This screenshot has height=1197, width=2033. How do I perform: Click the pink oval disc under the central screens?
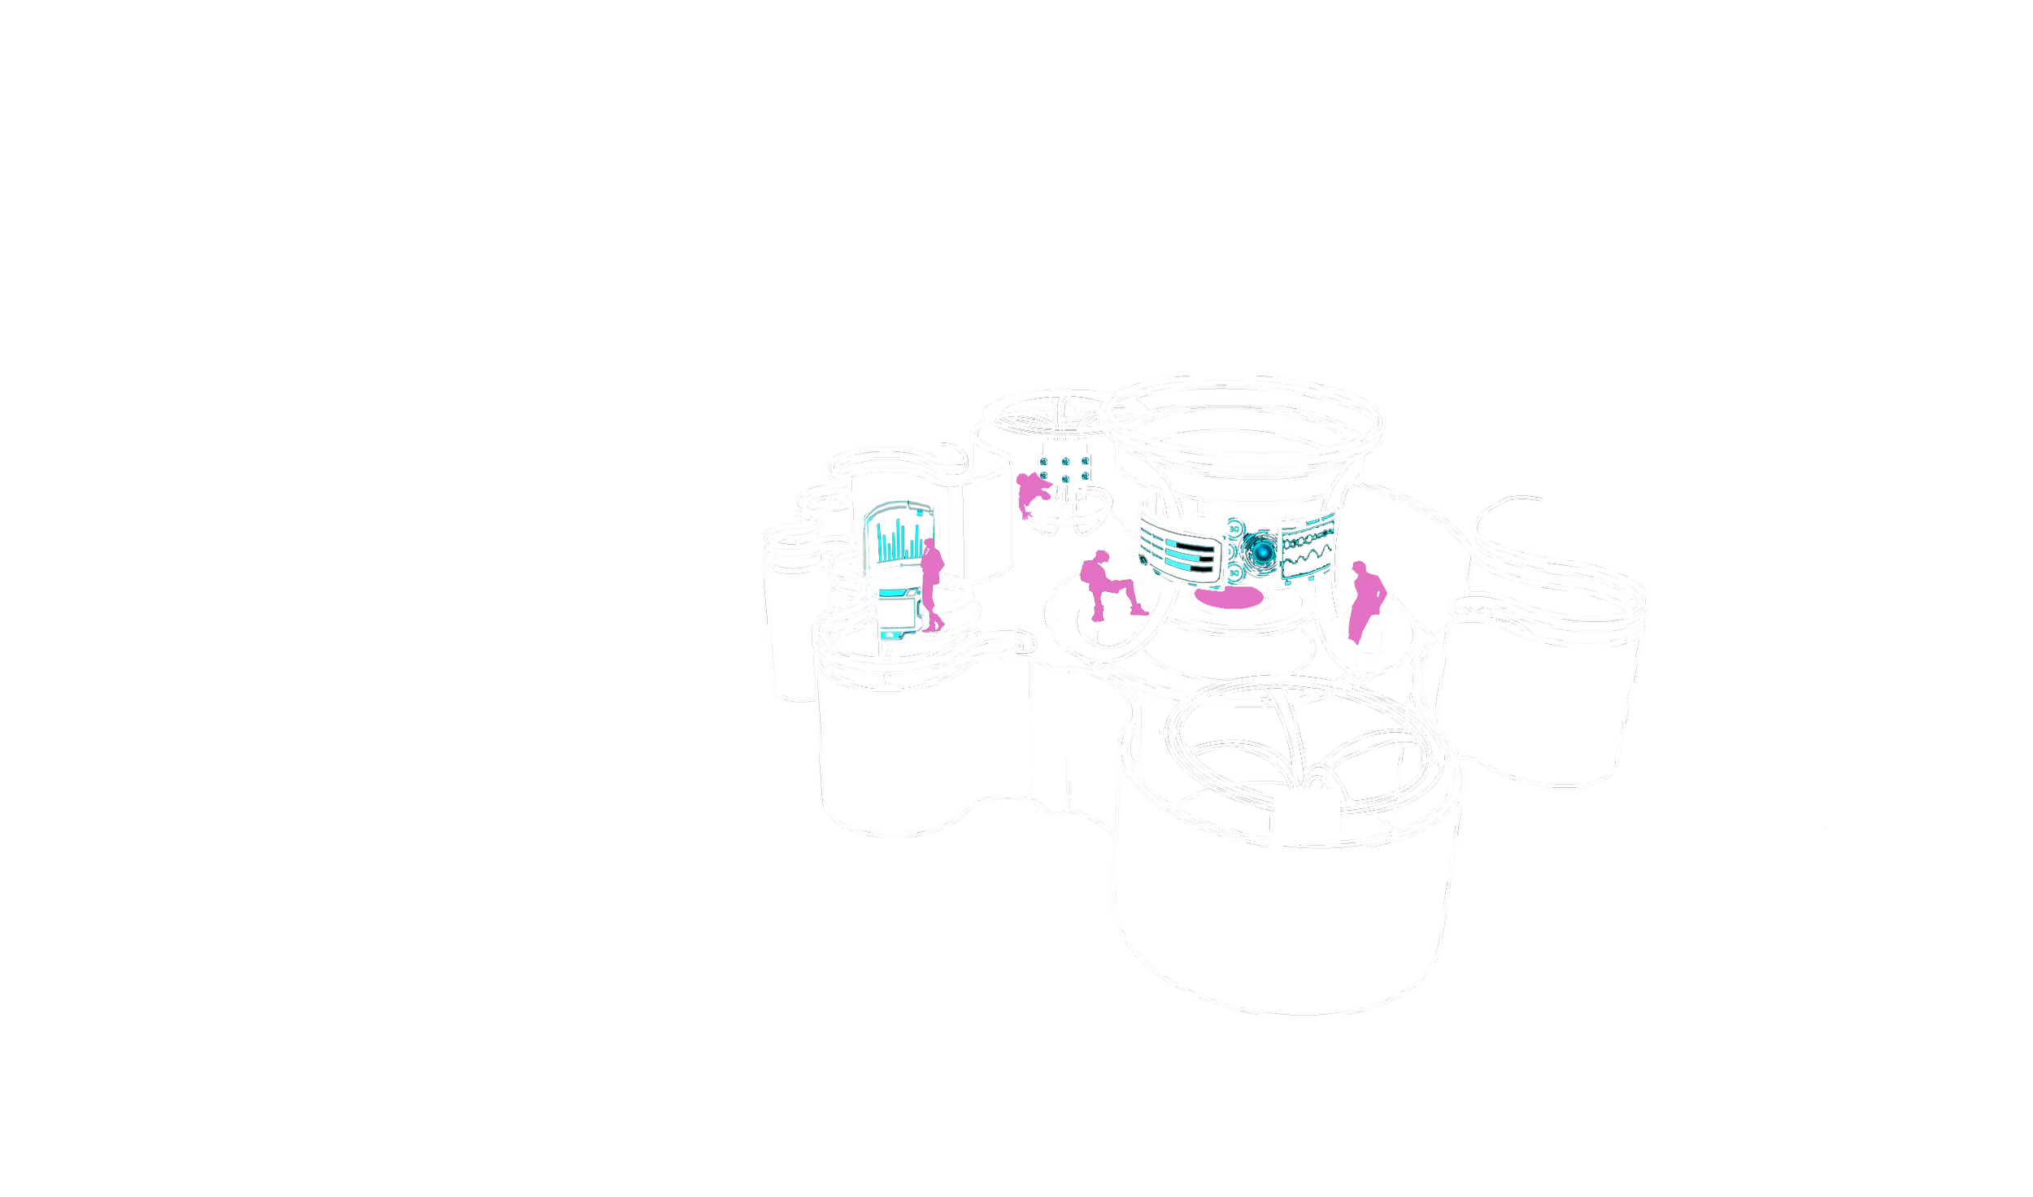pyautogui.click(x=1230, y=600)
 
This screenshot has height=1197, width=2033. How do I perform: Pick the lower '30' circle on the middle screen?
pyautogui.click(x=1234, y=573)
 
